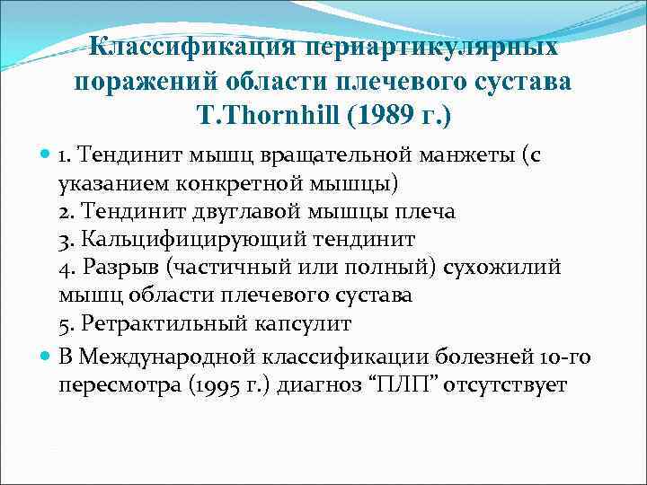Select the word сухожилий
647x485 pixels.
click(510, 268)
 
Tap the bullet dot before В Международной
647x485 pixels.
click(46, 356)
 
